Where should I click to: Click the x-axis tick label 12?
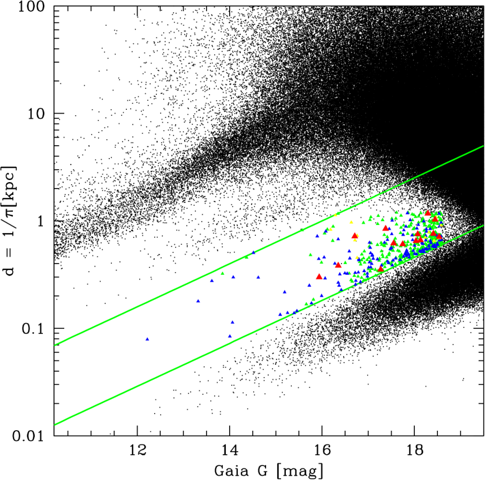(x=137, y=451)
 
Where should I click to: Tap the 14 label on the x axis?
(x=230, y=451)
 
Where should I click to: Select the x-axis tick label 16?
(x=322, y=451)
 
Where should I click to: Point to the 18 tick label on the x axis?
(x=414, y=451)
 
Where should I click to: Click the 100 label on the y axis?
(x=32, y=7)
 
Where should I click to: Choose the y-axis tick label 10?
(x=36, y=114)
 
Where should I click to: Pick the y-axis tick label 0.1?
(x=33, y=329)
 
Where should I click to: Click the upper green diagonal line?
(x=269, y=246)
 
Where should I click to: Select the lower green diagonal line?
(x=269, y=325)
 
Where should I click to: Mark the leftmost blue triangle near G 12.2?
(x=147, y=339)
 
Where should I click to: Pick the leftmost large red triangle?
(x=319, y=276)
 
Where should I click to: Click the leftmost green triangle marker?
(x=222, y=273)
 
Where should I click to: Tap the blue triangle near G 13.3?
(x=198, y=301)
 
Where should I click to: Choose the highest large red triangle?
(x=428, y=213)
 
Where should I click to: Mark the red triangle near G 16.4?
(x=338, y=265)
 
